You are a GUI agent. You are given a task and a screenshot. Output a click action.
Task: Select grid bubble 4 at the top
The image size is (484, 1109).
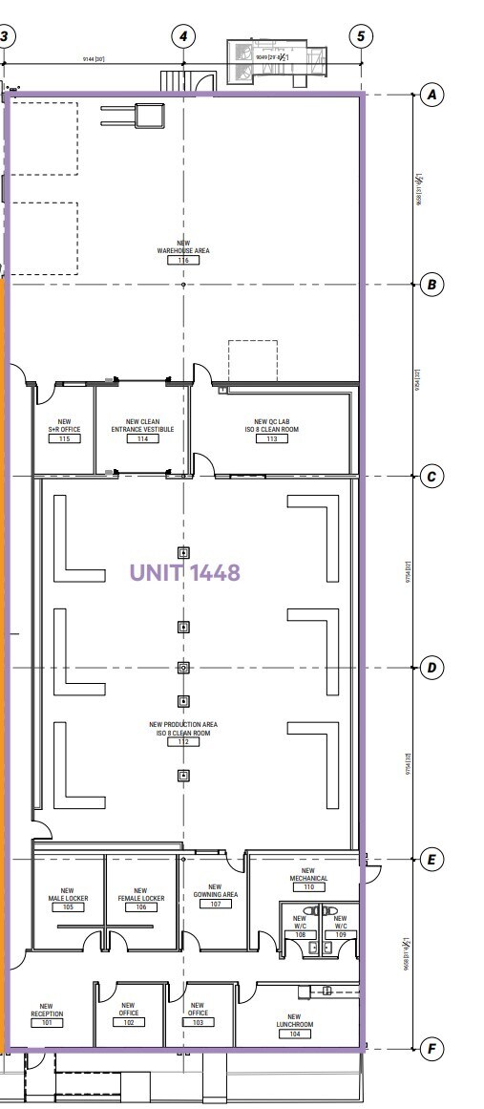tap(183, 36)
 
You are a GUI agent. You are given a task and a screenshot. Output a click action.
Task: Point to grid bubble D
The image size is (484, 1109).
tap(432, 668)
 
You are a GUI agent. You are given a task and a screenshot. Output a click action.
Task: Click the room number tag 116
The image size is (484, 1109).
tap(183, 260)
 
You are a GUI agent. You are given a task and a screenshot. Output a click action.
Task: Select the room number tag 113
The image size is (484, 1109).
tap(277, 439)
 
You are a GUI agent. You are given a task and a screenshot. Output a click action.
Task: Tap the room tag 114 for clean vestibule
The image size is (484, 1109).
tap(142, 439)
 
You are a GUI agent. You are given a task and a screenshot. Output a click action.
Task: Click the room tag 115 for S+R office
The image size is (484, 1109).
tap(65, 439)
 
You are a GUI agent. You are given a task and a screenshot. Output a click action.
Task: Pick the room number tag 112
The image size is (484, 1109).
tap(183, 742)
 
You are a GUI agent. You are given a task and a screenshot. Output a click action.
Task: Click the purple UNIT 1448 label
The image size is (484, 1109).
tap(184, 572)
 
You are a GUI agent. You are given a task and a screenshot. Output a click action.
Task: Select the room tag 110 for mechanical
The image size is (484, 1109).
tap(308, 887)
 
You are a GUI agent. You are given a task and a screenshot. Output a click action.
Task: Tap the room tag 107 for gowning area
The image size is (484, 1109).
tap(216, 904)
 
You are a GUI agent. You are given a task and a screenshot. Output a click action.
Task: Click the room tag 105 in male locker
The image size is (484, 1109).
tap(68, 907)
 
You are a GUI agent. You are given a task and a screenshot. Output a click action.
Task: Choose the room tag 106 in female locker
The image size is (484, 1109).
tap(140, 907)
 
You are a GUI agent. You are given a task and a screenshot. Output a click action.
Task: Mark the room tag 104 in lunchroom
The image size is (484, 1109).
tap(294, 1034)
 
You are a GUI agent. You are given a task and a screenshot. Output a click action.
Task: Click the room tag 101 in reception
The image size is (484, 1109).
tap(47, 1022)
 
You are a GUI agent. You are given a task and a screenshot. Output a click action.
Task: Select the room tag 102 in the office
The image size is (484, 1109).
tap(129, 1022)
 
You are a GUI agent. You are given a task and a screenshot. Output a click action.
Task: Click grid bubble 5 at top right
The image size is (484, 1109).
tap(361, 36)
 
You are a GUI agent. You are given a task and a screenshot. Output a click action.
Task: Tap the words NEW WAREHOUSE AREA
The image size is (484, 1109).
tap(183, 246)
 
